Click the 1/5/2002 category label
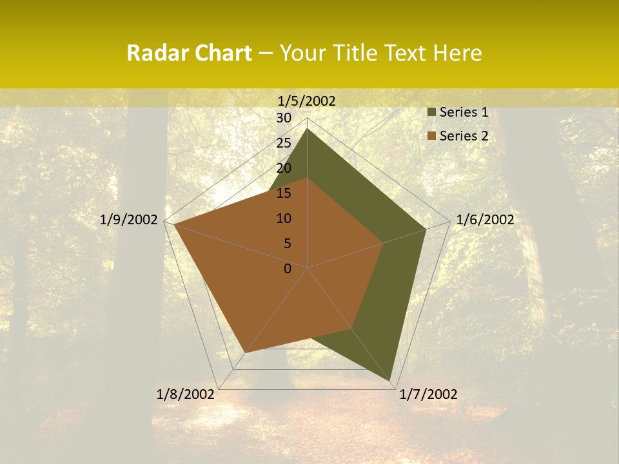pyautogui.click(x=307, y=101)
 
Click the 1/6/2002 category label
pyautogui.click(x=485, y=220)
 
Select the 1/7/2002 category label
pyautogui.click(x=428, y=394)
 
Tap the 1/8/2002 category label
pyautogui.click(x=186, y=394)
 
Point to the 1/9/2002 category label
pyautogui.click(x=129, y=220)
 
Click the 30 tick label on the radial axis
pyautogui.click(x=284, y=118)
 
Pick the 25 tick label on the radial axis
pyautogui.click(x=284, y=143)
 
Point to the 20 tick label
pyautogui.click(x=284, y=168)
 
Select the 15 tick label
pyautogui.click(x=284, y=193)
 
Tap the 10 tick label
pyautogui.click(x=284, y=218)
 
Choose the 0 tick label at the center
pyautogui.click(x=288, y=269)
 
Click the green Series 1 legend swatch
pyautogui.click(x=431, y=112)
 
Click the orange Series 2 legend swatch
pyautogui.click(x=431, y=136)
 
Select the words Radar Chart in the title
pyautogui.click(x=189, y=53)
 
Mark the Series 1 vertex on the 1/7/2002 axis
pyautogui.click(x=391, y=382)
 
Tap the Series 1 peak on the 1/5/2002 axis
pyautogui.click(x=308, y=129)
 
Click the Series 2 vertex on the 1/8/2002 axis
pyautogui.click(x=245, y=353)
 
